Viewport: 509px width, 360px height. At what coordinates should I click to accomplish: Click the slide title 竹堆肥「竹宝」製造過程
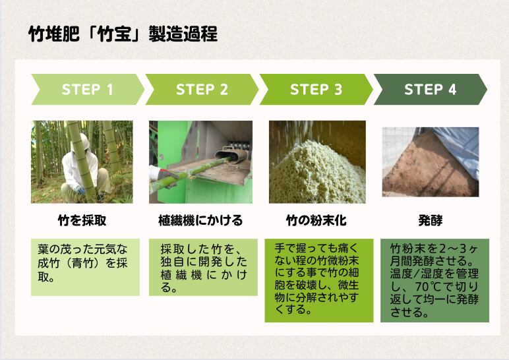click(123, 34)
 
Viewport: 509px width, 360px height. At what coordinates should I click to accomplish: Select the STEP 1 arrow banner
click(88, 89)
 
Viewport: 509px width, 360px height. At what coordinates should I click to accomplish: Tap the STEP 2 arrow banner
click(202, 89)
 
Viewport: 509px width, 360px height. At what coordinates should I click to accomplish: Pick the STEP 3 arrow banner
click(316, 89)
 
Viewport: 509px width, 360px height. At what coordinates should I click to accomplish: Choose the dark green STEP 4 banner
click(431, 89)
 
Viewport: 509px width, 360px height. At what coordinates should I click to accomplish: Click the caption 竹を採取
click(82, 220)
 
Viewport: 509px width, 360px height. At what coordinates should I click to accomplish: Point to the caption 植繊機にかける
click(200, 220)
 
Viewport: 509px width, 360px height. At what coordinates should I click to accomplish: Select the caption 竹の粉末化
click(316, 220)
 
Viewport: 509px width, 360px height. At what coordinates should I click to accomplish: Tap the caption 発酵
click(431, 220)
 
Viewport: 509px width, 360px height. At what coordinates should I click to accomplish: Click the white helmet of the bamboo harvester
click(80, 142)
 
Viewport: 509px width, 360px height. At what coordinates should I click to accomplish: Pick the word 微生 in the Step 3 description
click(348, 285)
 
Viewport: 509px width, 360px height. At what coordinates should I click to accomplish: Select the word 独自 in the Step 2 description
click(171, 262)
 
